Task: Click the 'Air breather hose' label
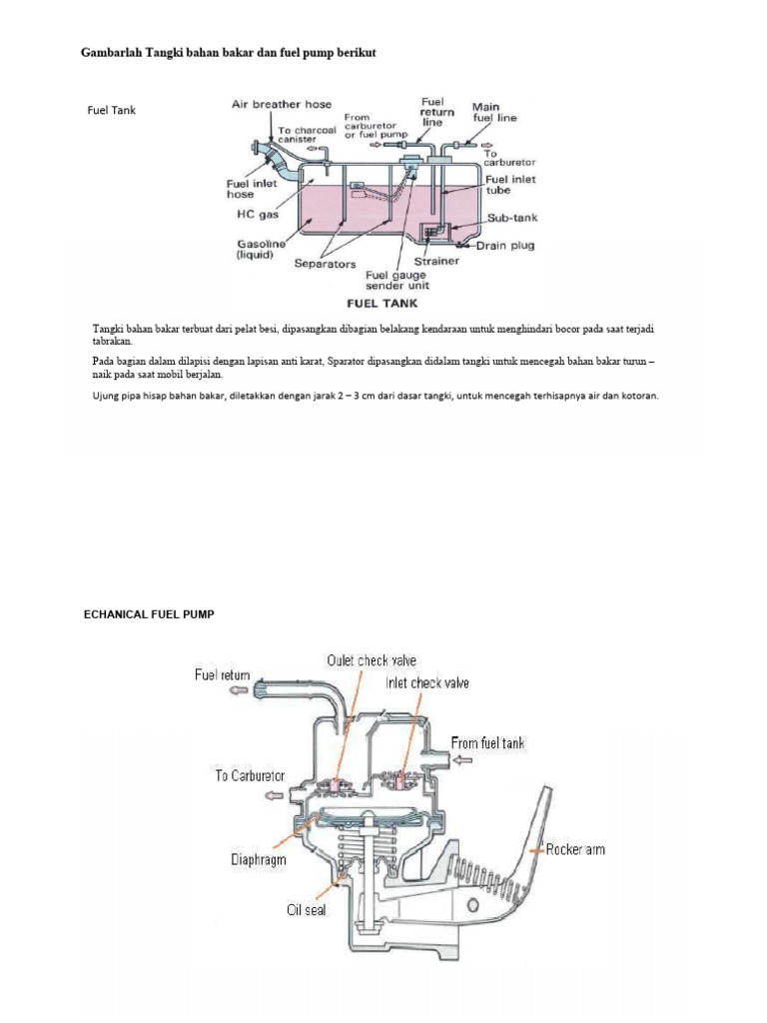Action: click(282, 104)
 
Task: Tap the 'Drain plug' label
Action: click(508, 245)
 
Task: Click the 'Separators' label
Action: click(327, 264)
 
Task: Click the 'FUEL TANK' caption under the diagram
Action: click(382, 301)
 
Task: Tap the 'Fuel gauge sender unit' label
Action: click(398, 280)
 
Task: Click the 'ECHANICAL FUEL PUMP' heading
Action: click(149, 614)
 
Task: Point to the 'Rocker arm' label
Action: click(574, 850)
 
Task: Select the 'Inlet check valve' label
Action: click(427, 683)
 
